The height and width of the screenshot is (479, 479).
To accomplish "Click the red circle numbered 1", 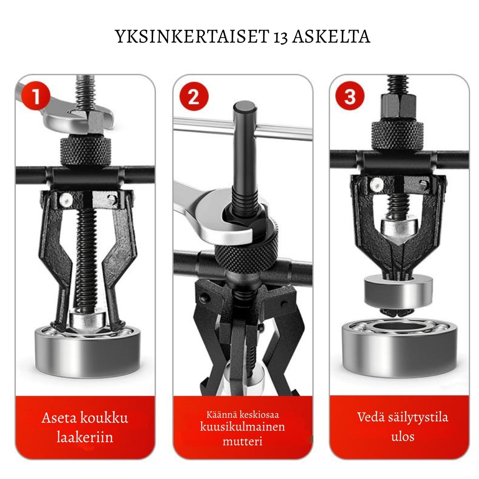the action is click(36, 96).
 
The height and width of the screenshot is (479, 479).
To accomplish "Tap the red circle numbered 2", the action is click(194, 96).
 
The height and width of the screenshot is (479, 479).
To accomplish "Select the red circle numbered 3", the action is click(350, 96).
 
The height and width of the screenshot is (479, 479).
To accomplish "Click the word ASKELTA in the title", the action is click(331, 36).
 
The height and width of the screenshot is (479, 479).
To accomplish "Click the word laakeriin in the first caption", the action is click(85, 437).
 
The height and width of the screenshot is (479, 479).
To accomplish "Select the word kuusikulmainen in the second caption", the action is click(243, 427).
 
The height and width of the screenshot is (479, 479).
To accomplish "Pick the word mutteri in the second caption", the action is click(243, 441).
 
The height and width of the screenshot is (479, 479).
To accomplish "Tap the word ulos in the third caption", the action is click(403, 436).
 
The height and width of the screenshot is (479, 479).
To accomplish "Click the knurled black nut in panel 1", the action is click(86, 151).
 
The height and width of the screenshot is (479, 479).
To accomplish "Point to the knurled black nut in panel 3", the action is click(397, 136).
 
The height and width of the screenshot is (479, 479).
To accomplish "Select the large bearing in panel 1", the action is click(88, 351).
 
